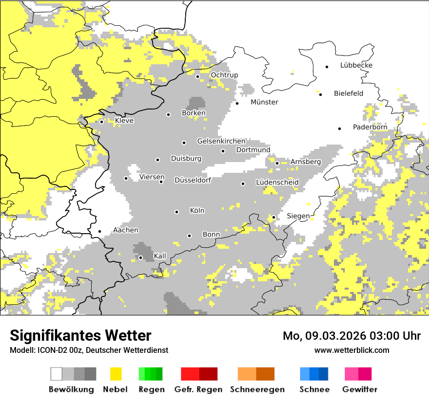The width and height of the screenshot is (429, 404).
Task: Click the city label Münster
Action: click(264, 102)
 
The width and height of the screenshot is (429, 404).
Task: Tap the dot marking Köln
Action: click(177, 212)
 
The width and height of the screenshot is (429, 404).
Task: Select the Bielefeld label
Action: click(348, 93)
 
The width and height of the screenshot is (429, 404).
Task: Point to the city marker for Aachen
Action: click(99, 232)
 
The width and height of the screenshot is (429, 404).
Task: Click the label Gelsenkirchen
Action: click(221, 141)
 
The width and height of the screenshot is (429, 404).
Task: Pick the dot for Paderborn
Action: click(340, 129)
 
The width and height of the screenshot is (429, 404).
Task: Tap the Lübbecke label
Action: click(356, 65)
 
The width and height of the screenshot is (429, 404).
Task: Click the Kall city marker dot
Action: click(140, 257)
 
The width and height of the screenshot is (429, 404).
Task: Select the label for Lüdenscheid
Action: click(277, 183)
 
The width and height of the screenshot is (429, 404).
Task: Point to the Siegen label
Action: click(297, 216)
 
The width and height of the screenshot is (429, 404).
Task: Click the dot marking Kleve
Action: click(101, 122)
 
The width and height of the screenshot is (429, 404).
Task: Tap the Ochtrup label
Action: click(224, 75)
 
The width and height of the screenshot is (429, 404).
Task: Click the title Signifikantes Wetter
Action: click(80, 336)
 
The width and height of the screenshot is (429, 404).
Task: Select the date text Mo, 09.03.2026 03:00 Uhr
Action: click(351, 336)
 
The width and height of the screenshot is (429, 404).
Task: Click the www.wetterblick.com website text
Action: click(351, 350)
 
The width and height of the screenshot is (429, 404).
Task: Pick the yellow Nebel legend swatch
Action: click(116, 374)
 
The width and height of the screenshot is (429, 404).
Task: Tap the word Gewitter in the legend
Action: click(359, 389)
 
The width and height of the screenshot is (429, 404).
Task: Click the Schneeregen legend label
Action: click(257, 389)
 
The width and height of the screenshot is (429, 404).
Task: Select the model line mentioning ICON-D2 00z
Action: click(89, 350)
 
